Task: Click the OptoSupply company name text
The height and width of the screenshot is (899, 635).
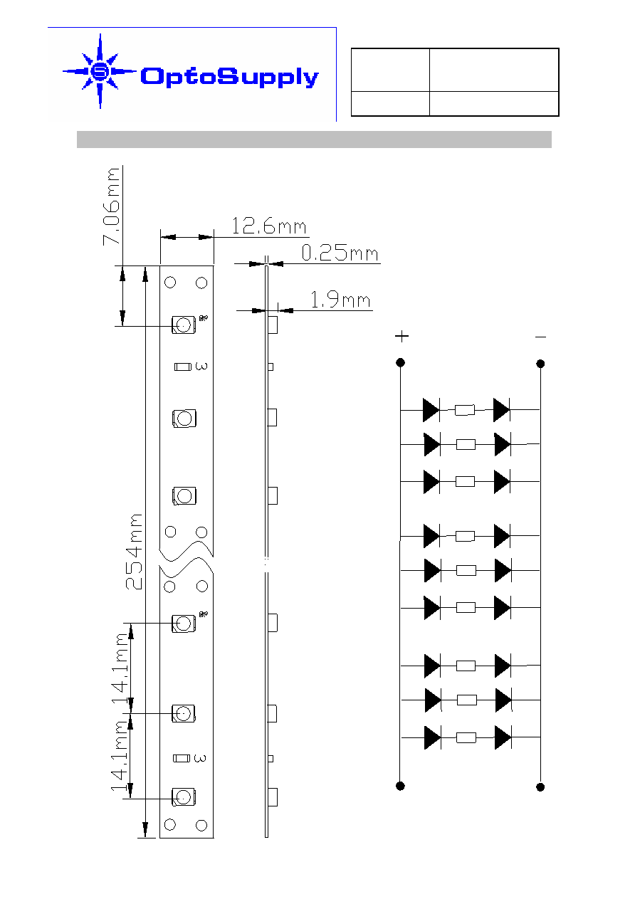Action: [x=229, y=77]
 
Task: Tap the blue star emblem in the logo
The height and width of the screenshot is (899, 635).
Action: [x=100, y=71]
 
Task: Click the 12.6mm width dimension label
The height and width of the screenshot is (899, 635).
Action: [x=269, y=226]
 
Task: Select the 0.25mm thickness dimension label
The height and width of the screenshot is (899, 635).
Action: [x=340, y=253]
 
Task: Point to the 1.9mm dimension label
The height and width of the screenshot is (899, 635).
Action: [x=340, y=300]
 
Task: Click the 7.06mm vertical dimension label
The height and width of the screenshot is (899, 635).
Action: [x=111, y=206]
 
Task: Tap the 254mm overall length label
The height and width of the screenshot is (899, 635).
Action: [x=134, y=552]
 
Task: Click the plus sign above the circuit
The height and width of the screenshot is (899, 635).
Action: [x=402, y=336]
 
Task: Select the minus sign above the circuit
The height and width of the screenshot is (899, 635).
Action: [x=540, y=337]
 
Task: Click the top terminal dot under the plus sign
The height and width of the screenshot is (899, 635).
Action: [x=400, y=363]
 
